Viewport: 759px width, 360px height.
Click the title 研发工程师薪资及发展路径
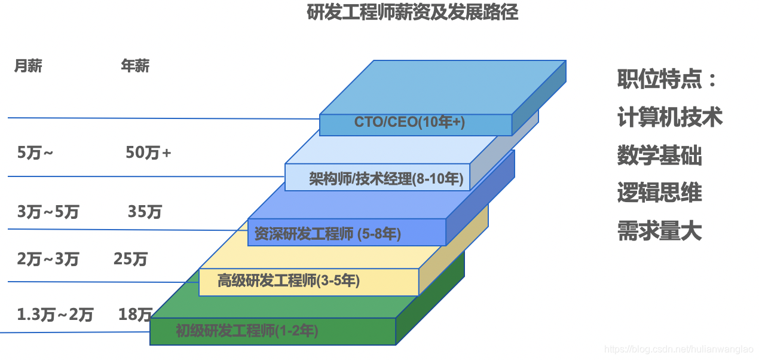point(412,13)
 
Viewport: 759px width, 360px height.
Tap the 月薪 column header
point(28,66)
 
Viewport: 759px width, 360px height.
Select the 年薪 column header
point(135,66)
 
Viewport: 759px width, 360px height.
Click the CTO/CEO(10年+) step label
point(409,122)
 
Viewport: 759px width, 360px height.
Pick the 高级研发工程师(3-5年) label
point(289,280)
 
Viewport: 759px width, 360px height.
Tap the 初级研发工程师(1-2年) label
point(247,330)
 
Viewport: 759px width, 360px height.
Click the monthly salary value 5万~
point(35,153)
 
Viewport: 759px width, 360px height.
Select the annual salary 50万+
point(148,153)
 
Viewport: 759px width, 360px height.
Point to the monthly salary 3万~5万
point(48,212)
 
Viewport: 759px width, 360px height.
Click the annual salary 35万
point(145,212)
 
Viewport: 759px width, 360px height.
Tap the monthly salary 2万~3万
point(48,259)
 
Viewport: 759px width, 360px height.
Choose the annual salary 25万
point(130,259)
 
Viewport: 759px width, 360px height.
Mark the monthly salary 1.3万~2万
point(55,315)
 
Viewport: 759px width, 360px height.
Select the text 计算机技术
point(670,117)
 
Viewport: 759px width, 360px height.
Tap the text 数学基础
point(659,155)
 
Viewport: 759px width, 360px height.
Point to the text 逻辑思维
point(659,193)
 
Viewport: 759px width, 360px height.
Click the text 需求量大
point(659,231)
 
